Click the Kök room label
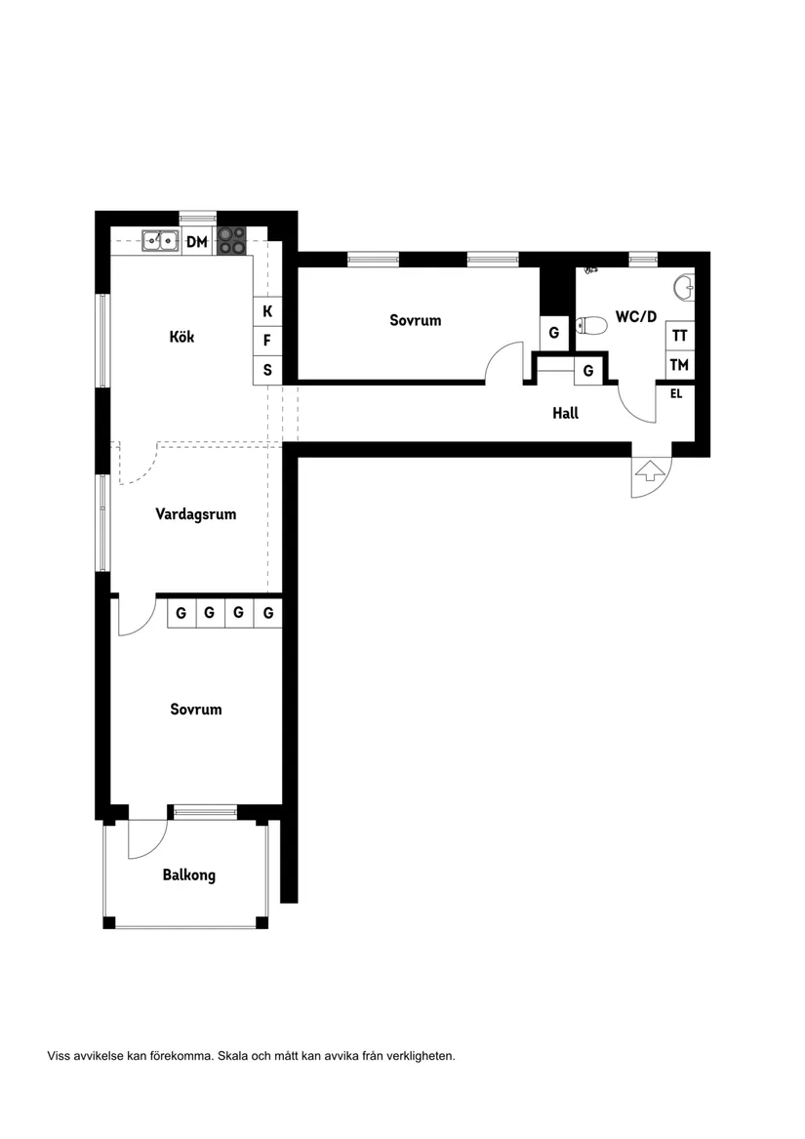click(x=181, y=337)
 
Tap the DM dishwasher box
click(x=197, y=241)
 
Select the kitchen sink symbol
click(x=159, y=239)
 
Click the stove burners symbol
click(x=231, y=240)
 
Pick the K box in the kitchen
click(x=267, y=312)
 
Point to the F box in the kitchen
click(x=267, y=342)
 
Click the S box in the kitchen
click(x=267, y=371)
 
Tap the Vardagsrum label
click(x=195, y=514)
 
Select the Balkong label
click(x=189, y=875)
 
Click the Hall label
click(x=565, y=414)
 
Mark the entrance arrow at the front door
click(x=648, y=473)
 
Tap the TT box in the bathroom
click(x=680, y=335)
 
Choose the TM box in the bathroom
click(x=680, y=365)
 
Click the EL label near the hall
click(x=675, y=394)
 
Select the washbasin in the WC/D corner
click(x=686, y=287)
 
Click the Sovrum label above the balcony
click(x=195, y=710)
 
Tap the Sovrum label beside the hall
click(x=416, y=320)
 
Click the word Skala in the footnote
click(x=234, y=1056)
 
